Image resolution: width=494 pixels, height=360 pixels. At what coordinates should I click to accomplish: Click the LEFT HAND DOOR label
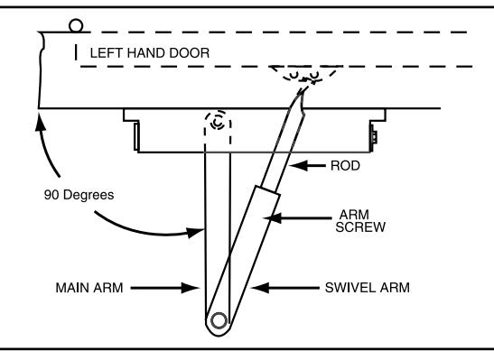click(150, 53)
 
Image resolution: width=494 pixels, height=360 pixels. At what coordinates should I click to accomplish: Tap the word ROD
click(345, 165)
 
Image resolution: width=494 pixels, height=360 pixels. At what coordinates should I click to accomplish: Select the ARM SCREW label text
click(360, 221)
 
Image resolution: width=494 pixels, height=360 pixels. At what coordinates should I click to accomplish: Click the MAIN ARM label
click(89, 288)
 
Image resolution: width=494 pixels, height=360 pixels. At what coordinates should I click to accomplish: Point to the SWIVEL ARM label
click(368, 288)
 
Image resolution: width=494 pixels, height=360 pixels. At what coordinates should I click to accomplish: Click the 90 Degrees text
click(79, 195)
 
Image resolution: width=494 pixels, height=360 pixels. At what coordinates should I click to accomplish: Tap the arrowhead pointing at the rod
click(298, 165)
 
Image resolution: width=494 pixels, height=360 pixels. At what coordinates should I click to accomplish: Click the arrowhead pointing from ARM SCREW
click(272, 217)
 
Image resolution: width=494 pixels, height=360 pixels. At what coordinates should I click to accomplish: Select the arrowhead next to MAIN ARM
click(191, 288)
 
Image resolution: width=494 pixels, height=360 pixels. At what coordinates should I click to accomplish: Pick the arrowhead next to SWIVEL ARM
click(260, 288)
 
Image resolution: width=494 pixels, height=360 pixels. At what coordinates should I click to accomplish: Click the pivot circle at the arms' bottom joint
click(219, 320)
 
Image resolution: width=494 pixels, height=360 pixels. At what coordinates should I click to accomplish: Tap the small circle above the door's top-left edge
click(76, 26)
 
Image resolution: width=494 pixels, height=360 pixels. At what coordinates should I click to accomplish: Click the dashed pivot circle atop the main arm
click(218, 121)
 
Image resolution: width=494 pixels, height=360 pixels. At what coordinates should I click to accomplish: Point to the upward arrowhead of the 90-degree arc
click(40, 122)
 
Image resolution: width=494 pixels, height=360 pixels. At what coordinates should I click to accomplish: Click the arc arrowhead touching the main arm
click(195, 233)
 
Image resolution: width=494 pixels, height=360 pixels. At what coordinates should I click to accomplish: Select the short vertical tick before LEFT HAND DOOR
click(76, 52)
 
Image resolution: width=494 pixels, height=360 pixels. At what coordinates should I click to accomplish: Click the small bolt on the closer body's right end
click(374, 136)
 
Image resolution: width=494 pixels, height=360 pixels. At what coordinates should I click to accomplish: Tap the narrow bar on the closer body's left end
click(136, 136)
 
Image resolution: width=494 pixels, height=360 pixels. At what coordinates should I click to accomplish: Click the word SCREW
click(360, 227)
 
